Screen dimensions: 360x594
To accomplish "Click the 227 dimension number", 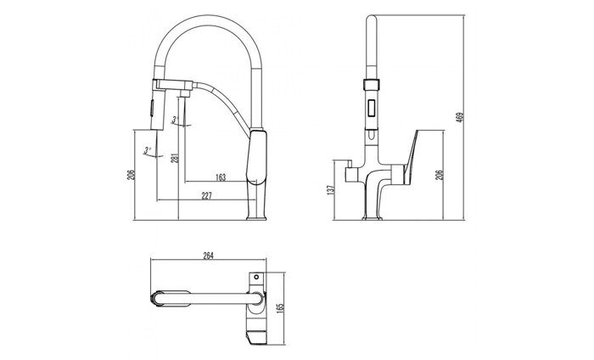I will pos(206,195).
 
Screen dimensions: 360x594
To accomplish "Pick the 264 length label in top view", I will pos(207,255).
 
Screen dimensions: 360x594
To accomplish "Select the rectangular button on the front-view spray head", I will pos(370,110).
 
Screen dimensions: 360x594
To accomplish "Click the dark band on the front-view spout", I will pos(370,85).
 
